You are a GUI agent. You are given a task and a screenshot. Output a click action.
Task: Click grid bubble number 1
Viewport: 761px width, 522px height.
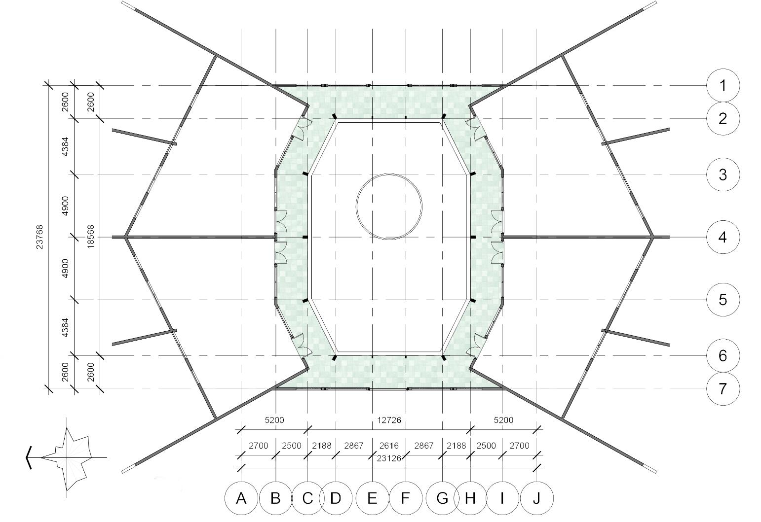click(723, 86)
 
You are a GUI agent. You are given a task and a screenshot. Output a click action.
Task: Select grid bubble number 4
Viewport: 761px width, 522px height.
click(723, 237)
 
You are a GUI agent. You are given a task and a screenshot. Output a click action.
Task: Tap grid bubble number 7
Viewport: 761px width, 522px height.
click(723, 389)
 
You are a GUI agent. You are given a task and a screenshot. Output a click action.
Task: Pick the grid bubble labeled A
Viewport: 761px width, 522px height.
click(241, 498)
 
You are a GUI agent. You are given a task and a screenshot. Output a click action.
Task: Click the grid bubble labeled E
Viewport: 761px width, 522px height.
click(372, 498)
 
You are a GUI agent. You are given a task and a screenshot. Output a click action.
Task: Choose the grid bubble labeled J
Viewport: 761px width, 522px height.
click(536, 498)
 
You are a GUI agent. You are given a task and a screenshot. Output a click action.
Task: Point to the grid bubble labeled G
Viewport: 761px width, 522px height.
click(442, 498)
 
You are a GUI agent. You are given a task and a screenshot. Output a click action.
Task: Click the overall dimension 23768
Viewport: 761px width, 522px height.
click(40, 237)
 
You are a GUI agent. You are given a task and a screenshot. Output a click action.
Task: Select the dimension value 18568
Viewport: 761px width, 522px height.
click(91, 237)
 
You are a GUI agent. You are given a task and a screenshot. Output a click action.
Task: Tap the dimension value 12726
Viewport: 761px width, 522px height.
click(389, 420)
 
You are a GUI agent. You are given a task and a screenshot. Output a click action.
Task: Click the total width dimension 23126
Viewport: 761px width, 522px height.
click(389, 457)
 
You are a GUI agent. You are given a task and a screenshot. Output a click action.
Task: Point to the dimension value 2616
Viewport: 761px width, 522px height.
click(389, 446)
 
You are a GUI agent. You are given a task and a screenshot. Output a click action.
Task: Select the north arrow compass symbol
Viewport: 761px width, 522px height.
click(69, 457)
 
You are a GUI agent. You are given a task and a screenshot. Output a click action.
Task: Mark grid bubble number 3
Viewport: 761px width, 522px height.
click(723, 174)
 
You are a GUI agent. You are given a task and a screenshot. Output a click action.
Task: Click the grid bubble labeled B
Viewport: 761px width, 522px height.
click(275, 498)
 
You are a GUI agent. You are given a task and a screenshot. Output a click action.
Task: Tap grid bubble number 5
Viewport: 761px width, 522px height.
click(723, 299)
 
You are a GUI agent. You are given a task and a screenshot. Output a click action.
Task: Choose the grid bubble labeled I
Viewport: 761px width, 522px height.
click(502, 498)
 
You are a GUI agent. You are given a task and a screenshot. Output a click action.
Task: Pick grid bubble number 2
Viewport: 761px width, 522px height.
click(723, 118)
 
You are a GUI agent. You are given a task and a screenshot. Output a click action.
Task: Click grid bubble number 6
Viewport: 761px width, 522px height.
click(723, 355)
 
